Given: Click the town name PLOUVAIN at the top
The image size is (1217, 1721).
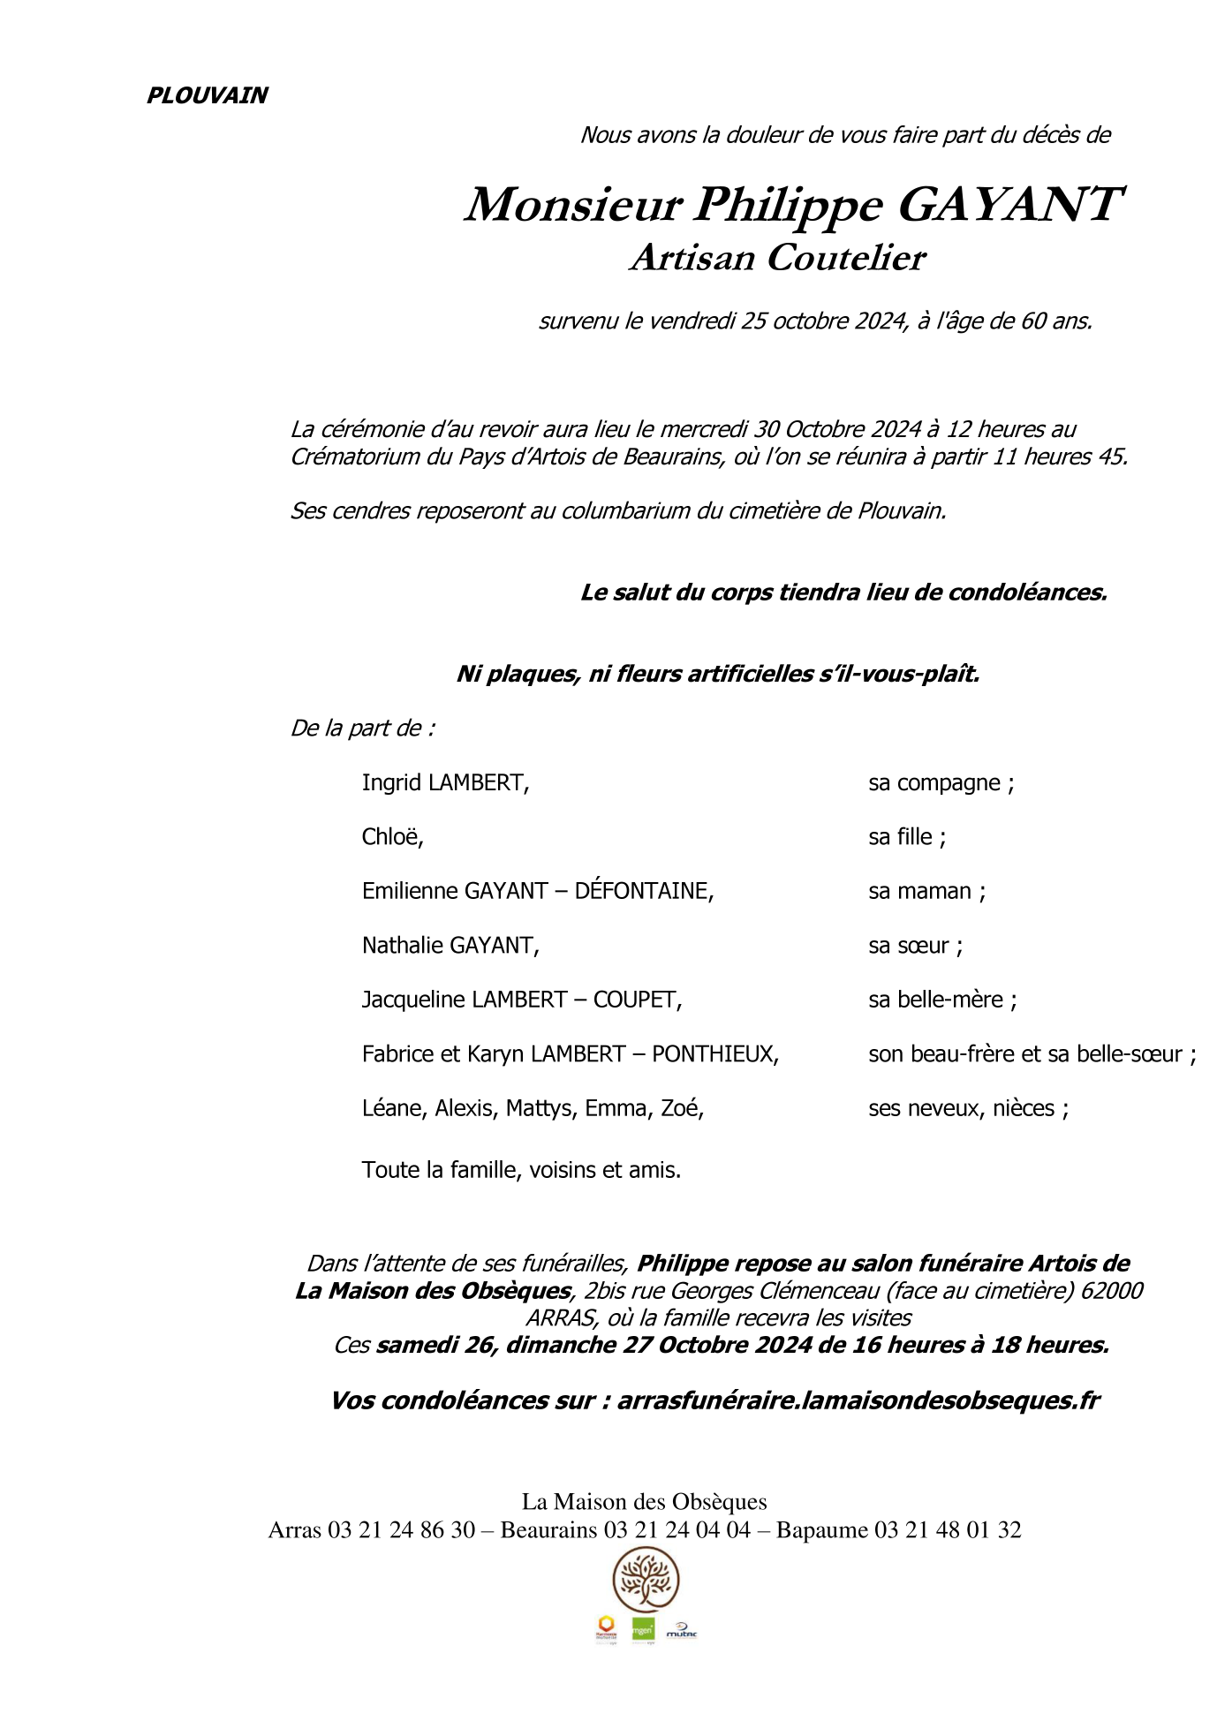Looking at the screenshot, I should point(207,95).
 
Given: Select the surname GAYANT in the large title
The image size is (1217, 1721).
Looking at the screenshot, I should point(1009,205).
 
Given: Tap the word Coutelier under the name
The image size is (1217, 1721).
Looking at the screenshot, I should point(845,258).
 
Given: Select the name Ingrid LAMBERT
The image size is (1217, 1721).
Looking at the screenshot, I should point(445,782).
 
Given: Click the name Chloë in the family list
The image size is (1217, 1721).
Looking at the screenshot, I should point(392,836).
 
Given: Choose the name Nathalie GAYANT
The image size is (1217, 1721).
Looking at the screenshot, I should point(450,945).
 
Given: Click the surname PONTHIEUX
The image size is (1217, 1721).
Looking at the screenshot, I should point(714,1053).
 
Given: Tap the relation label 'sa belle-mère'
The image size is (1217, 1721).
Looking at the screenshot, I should point(941,1000).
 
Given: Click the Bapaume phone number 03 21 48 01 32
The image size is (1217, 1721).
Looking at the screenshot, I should point(947,1530).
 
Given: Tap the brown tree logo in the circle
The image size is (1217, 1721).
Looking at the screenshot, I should point(646,1581).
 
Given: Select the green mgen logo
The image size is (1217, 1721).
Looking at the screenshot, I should point(643,1630).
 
